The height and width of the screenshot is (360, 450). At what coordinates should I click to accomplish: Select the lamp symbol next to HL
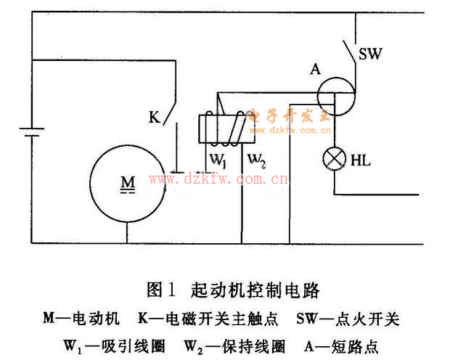(x=334, y=159)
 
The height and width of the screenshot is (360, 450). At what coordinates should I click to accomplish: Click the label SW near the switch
(x=371, y=54)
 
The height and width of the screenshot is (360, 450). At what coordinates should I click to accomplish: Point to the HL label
(x=361, y=160)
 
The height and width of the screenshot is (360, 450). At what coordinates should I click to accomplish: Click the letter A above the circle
(x=314, y=69)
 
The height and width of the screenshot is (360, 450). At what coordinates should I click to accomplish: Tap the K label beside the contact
(x=154, y=116)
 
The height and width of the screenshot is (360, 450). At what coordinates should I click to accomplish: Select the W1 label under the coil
(x=219, y=158)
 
